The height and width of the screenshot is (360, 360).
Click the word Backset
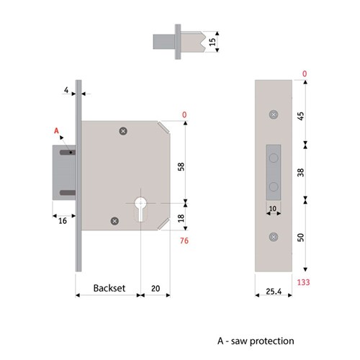[x=109, y=288]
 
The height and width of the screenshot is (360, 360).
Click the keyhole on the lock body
[x=140, y=204]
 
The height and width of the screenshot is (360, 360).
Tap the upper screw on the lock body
[x=123, y=131]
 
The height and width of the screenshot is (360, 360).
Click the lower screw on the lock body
[x=112, y=220]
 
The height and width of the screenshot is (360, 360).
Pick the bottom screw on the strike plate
[x=273, y=237]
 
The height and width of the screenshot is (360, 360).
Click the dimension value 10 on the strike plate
[x=273, y=210]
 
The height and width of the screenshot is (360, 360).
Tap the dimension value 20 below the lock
[x=157, y=288]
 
